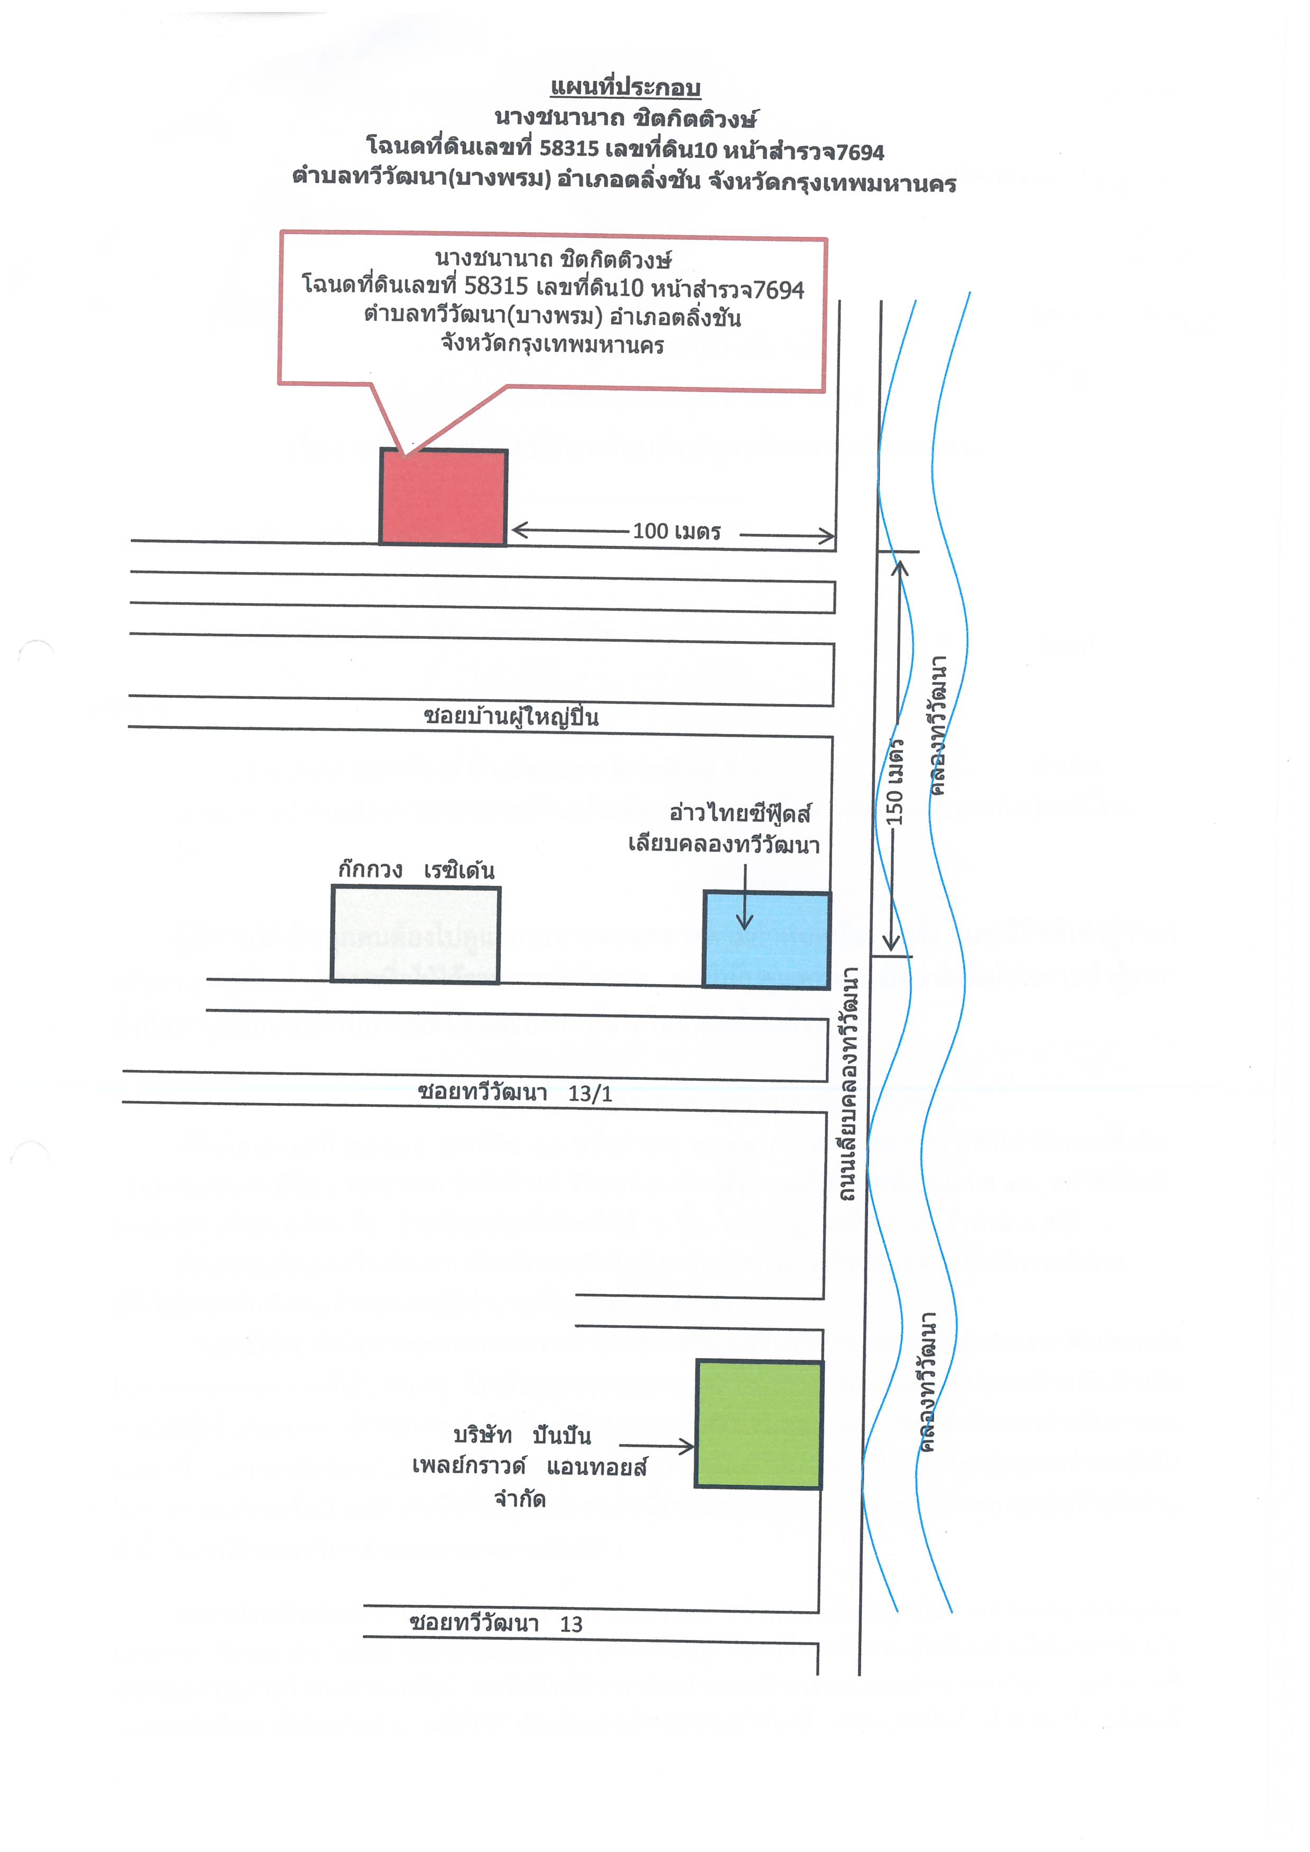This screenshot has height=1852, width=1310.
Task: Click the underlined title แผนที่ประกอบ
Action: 625,88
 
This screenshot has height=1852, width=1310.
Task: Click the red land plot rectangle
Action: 444,497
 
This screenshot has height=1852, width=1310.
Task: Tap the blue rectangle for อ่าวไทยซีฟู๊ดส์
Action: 767,940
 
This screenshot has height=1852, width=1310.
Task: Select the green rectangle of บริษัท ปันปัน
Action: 759,1424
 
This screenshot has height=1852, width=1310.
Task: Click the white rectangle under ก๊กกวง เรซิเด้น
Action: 416,934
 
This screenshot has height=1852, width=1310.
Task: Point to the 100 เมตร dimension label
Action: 676,531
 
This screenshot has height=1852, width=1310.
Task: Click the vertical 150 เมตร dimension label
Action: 894,782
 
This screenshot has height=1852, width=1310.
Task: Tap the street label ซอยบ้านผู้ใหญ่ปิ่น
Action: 511,716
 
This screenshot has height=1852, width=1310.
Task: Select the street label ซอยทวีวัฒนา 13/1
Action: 515,1092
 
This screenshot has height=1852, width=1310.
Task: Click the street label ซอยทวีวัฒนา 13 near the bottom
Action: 495,1623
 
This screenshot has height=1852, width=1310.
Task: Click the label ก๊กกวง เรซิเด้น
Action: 416,869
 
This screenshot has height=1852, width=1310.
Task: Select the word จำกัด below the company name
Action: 520,1499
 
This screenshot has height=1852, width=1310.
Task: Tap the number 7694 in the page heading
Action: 860,152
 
